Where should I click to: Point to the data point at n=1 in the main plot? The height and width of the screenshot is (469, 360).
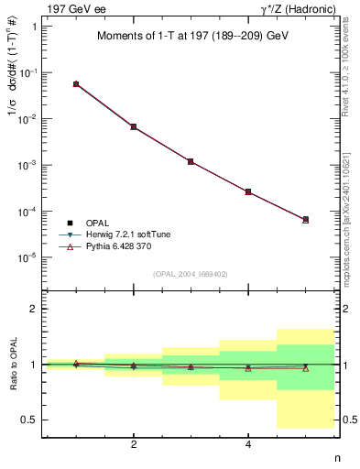click(76, 83)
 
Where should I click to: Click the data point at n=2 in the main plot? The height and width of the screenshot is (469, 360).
click(134, 126)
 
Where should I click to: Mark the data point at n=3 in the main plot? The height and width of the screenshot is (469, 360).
click(191, 161)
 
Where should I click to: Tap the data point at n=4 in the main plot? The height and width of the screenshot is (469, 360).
click(248, 191)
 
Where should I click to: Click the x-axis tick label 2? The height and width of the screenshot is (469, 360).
click(134, 444)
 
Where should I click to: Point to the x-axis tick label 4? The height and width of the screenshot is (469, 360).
click(248, 444)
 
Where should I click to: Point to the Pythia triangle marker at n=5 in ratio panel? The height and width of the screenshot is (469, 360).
click(305, 368)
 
